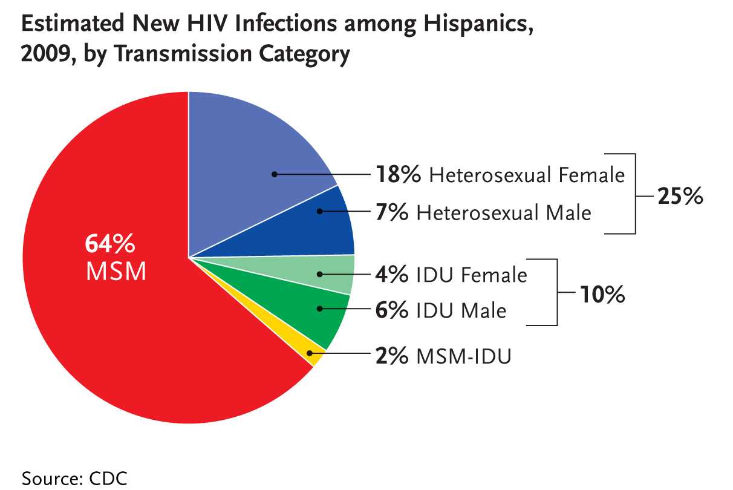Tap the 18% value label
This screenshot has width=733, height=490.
click(399, 175)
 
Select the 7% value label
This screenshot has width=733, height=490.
click(392, 213)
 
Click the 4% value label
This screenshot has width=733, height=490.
click(392, 275)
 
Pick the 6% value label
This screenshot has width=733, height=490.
click(392, 310)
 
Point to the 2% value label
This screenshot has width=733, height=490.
click(392, 356)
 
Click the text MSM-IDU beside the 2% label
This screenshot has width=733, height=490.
click(464, 356)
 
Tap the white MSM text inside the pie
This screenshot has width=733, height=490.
click(116, 272)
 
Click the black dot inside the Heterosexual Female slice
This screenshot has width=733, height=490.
click(274, 174)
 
